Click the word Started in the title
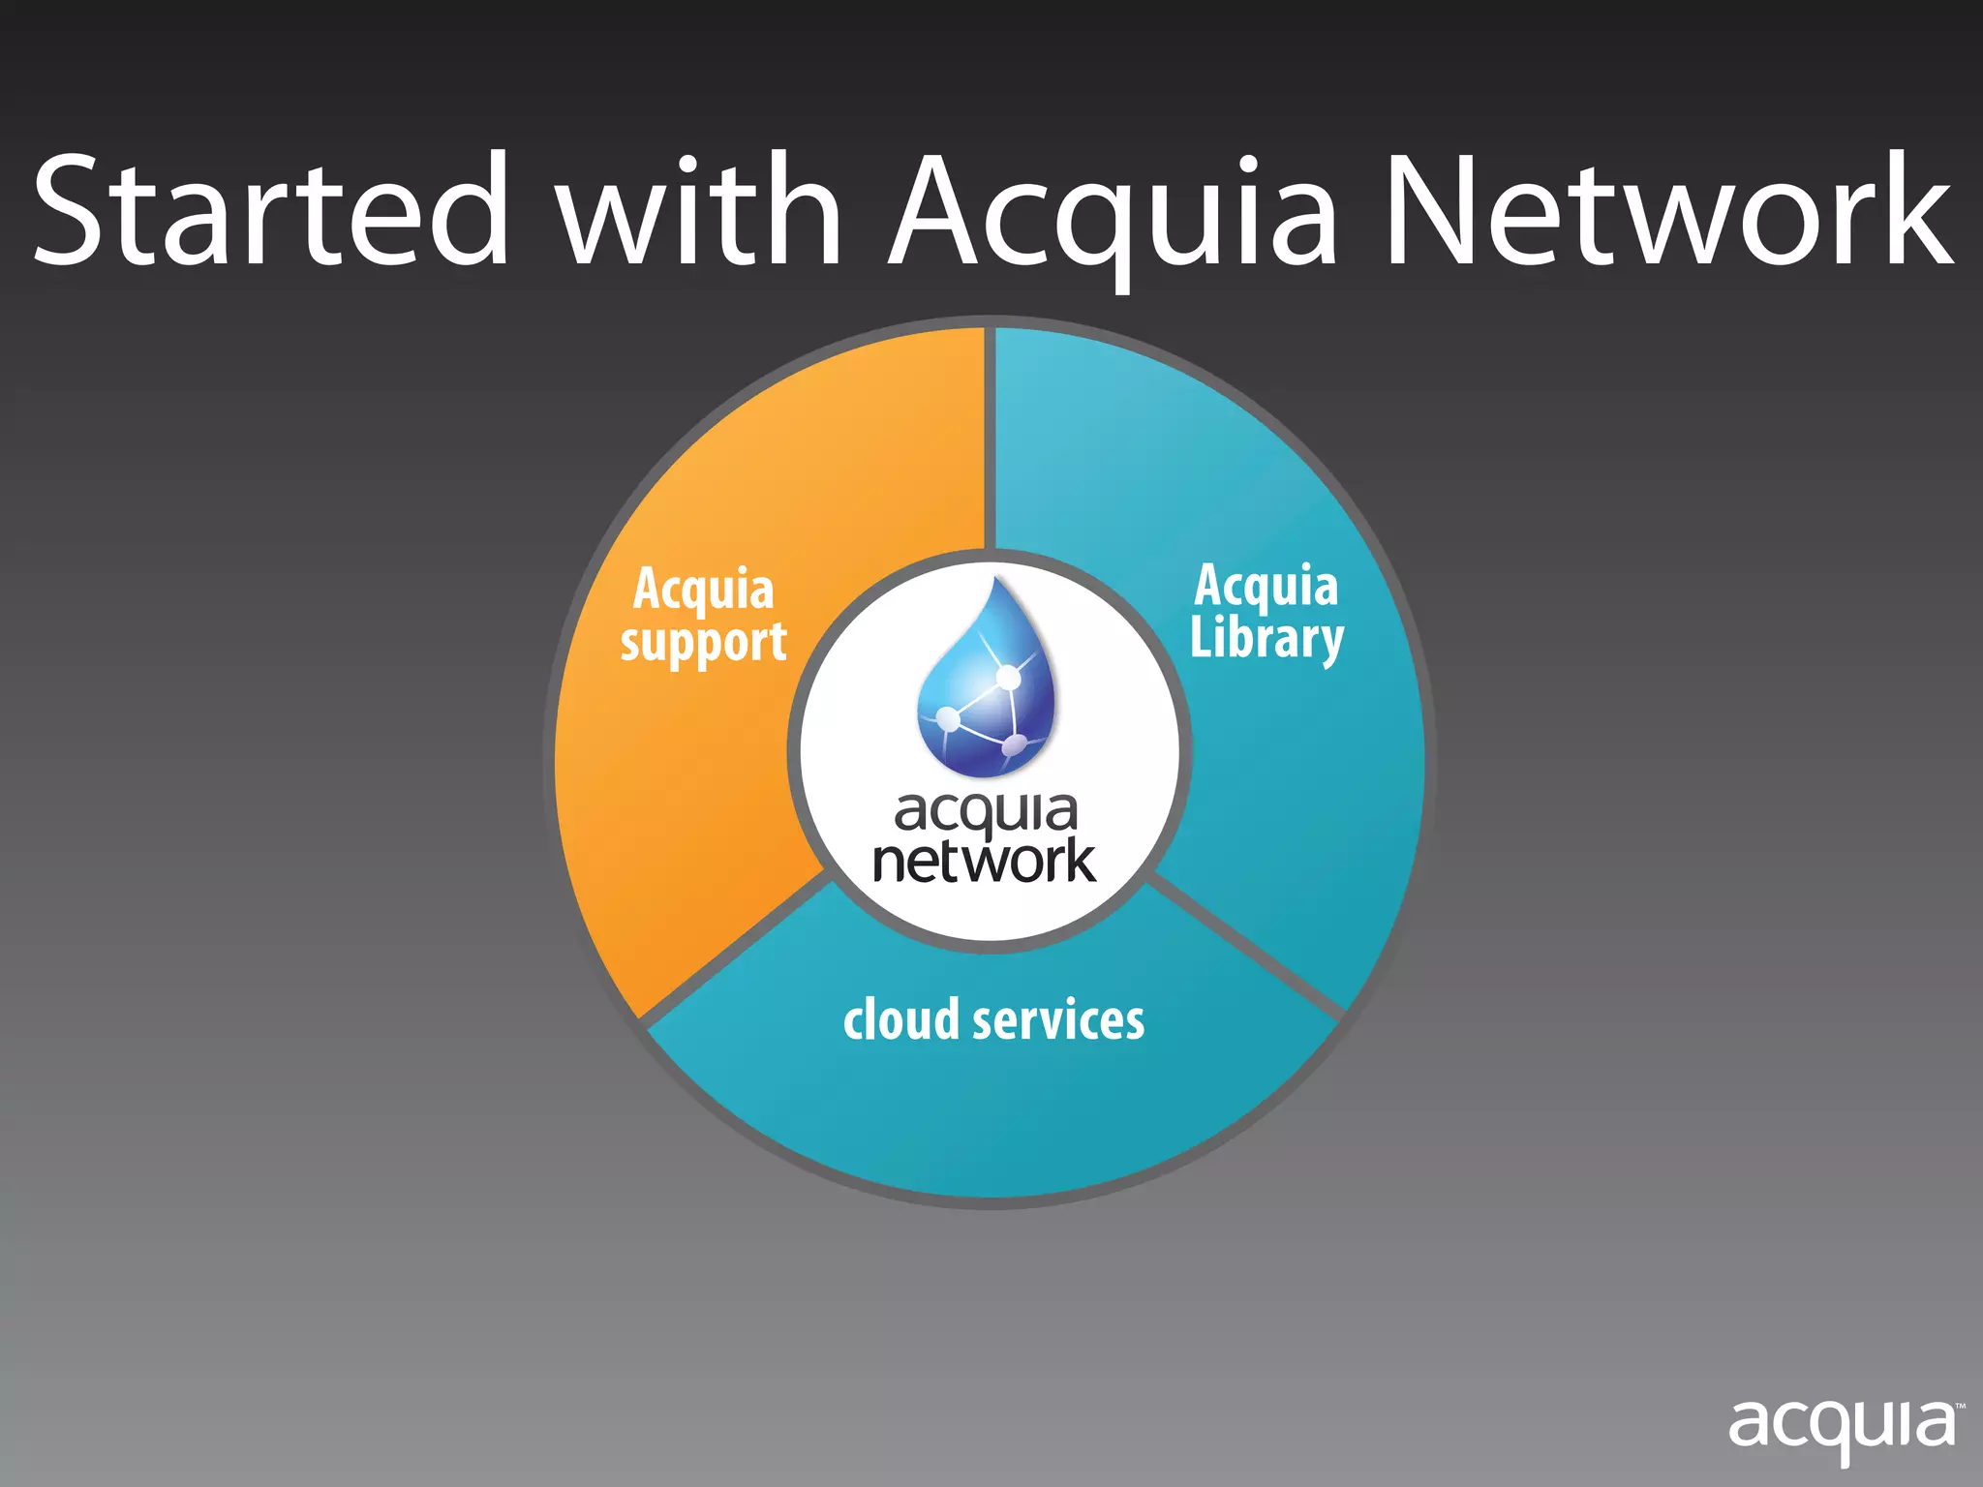[x=271, y=211]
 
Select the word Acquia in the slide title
[x=1114, y=218]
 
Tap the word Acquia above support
[x=704, y=589]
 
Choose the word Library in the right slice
[x=1266, y=639]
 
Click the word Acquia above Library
[x=1266, y=586]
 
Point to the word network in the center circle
[x=985, y=861]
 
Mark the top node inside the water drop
[x=1008, y=677]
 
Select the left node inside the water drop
[x=948, y=719]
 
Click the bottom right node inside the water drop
[x=1014, y=744]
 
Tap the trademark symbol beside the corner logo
[x=1960, y=1407]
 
